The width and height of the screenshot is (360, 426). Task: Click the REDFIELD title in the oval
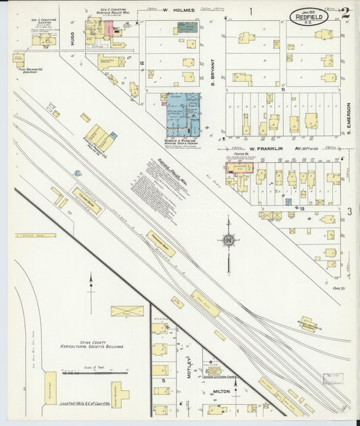click(316, 14)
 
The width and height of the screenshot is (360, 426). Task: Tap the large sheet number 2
click(344, 11)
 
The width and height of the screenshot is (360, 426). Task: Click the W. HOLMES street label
click(178, 11)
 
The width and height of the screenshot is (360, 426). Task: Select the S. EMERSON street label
click(349, 117)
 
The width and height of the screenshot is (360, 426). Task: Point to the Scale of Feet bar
click(95, 371)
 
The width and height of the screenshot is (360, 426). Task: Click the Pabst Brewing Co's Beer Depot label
click(30, 68)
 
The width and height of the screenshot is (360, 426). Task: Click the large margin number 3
click(349, 212)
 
